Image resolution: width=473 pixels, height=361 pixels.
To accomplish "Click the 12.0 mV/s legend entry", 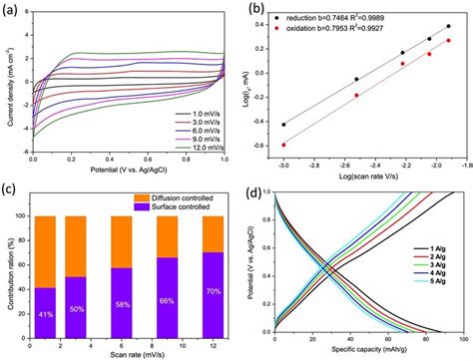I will point(199,147).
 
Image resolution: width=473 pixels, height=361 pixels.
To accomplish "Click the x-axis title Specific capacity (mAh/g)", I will point(363,353).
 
